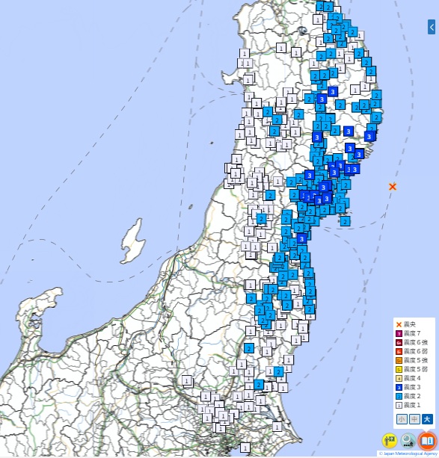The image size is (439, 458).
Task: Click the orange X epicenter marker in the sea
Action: coord(393,186)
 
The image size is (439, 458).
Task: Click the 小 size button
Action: coord(402,419)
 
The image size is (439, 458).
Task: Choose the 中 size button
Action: coord(414,419)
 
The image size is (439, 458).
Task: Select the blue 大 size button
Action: coord(427,419)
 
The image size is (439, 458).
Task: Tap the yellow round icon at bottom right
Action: coord(390,441)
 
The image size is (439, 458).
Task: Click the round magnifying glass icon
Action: coord(408,441)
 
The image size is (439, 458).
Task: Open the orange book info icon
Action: coord(426,441)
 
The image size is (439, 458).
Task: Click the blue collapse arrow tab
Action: coord(432,27)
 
